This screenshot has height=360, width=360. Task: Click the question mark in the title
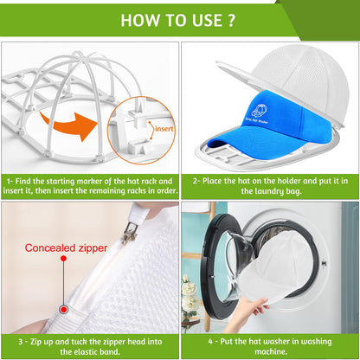[231, 20]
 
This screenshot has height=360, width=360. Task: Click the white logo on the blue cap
[258, 112]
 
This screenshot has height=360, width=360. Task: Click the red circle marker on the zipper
[63, 308]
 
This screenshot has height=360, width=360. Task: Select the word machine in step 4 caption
[271, 352]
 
